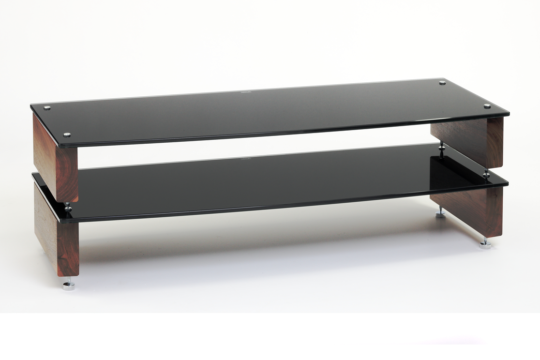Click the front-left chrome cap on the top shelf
click(x=67, y=134)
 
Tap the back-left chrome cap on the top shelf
click(x=47, y=108)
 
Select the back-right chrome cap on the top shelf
click(x=442, y=83)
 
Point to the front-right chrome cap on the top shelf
click(x=487, y=106)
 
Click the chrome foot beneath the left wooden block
click(x=69, y=285)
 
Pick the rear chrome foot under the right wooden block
click(x=440, y=213)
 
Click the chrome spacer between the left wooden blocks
click(x=68, y=207)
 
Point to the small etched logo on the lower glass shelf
click(x=245, y=157)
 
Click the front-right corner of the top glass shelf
click(x=508, y=114)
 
